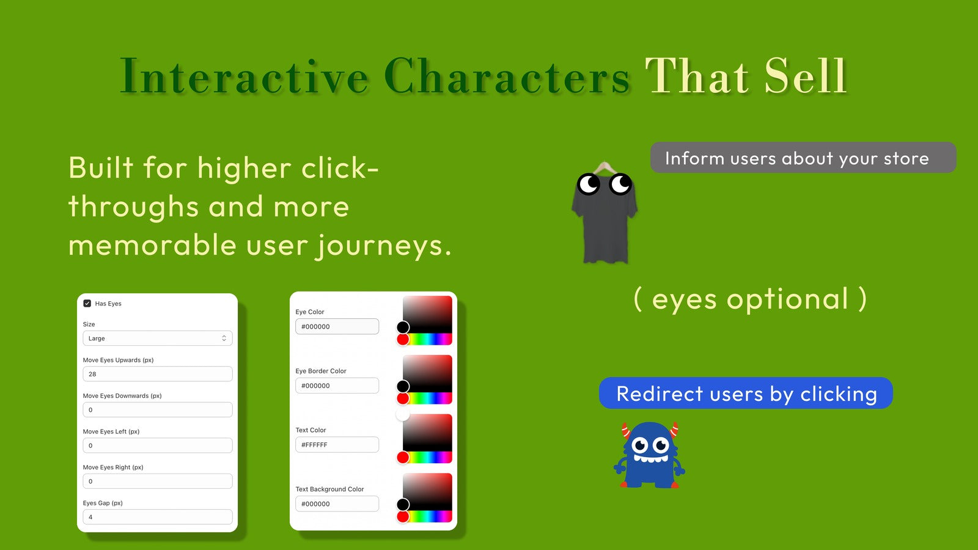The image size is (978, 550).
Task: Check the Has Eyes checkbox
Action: pyautogui.click(x=87, y=303)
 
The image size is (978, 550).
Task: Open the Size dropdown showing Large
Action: pyautogui.click(x=158, y=339)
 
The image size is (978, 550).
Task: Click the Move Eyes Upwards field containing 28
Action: pyautogui.click(x=158, y=374)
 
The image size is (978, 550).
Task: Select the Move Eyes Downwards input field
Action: pyautogui.click(x=158, y=410)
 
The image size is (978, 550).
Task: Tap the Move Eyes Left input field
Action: pyautogui.click(x=158, y=446)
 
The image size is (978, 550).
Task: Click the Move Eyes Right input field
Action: pyautogui.click(x=158, y=482)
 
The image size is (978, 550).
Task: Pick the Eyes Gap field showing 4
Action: pyautogui.click(x=158, y=517)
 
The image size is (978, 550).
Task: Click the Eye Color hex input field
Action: pyautogui.click(x=337, y=326)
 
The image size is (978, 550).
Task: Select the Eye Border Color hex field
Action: pyautogui.click(x=337, y=386)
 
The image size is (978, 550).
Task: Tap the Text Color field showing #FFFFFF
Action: pyautogui.click(x=337, y=445)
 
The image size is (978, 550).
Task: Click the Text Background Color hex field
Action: pyautogui.click(x=337, y=504)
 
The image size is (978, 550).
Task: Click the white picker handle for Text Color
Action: pyautogui.click(x=403, y=415)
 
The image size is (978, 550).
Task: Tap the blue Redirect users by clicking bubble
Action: pyautogui.click(x=746, y=394)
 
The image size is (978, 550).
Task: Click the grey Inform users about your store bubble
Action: pyautogui.click(x=803, y=158)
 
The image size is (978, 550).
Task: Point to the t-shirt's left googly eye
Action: pyautogui.click(x=589, y=184)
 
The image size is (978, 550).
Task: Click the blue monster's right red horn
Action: pyautogui.click(x=674, y=430)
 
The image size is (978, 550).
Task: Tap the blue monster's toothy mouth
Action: pyautogui.click(x=650, y=458)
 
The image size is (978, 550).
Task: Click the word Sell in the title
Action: pyautogui.click(x=806, y=76)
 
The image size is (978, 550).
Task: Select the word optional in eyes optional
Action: pyautogui.click(x=787, y=300)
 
